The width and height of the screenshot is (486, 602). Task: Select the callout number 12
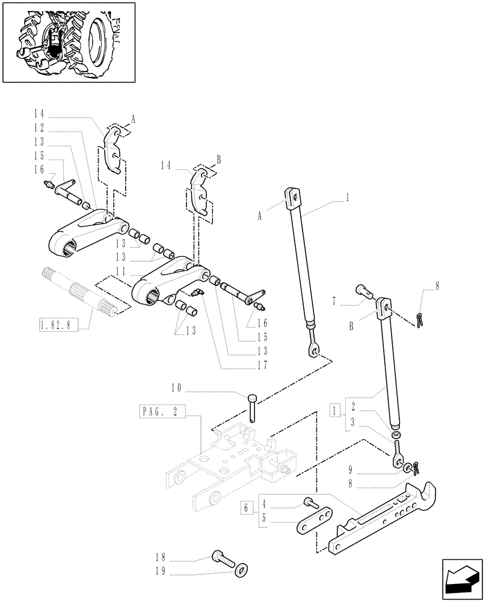39,128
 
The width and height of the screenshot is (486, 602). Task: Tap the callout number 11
121,272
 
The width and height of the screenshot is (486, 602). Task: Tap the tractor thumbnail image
69,42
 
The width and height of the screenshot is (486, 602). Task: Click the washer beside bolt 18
241,568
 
